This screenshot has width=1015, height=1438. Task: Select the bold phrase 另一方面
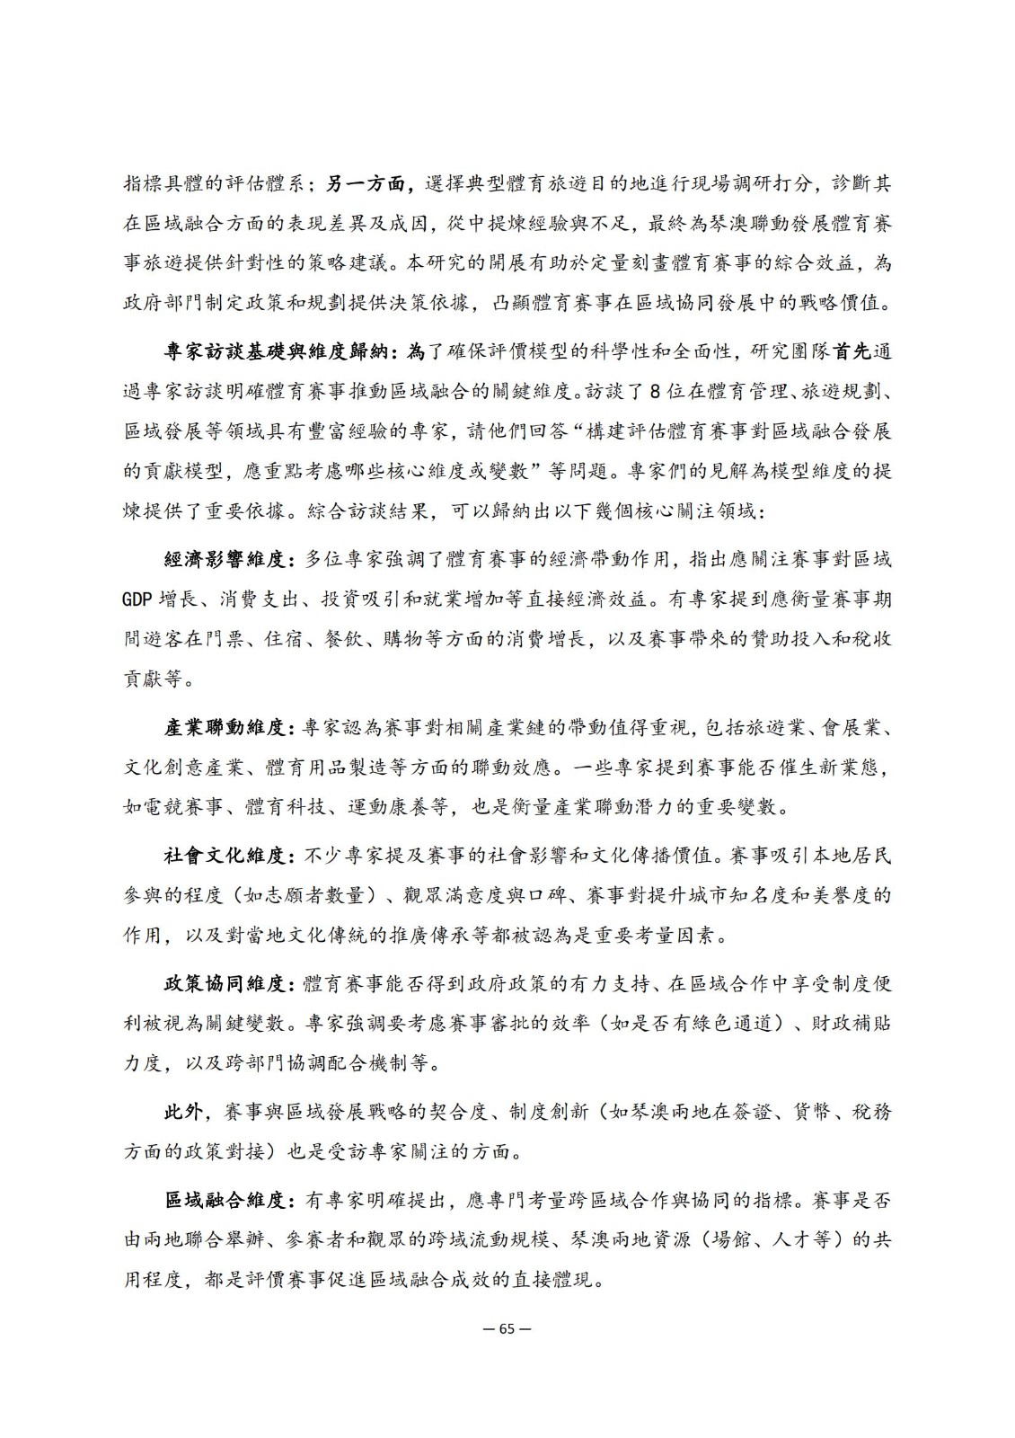coord(362,184)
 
